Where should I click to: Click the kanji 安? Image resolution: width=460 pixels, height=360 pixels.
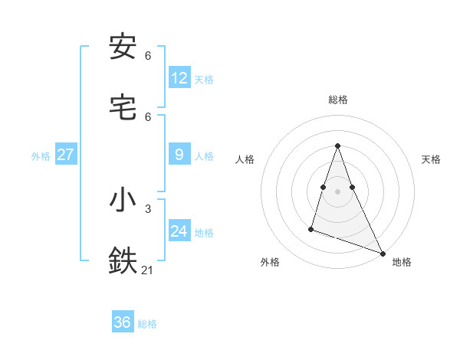123,47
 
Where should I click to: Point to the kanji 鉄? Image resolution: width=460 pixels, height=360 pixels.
123,260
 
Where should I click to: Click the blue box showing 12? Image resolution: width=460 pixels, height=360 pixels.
179,78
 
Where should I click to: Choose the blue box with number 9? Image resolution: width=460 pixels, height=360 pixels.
179,155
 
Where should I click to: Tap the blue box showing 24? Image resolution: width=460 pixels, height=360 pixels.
179,231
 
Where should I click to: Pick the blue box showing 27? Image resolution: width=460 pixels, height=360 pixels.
66,155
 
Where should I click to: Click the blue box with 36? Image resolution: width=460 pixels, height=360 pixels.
123,322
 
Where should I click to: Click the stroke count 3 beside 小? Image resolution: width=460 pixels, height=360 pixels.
147,208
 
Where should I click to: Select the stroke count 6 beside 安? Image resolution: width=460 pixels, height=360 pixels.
147,56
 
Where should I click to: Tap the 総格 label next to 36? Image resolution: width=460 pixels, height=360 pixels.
147,324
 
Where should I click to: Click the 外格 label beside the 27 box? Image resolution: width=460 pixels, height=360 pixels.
41,155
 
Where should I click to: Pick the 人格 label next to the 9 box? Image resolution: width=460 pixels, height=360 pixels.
204,155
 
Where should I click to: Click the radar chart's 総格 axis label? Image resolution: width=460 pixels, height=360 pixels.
338,100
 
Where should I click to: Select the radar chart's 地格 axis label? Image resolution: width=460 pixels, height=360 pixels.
402,262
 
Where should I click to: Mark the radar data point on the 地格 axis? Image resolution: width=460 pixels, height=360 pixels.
383,253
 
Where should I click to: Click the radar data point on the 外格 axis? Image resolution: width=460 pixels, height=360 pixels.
311,228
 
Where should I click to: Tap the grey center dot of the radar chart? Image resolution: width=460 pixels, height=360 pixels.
338,191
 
